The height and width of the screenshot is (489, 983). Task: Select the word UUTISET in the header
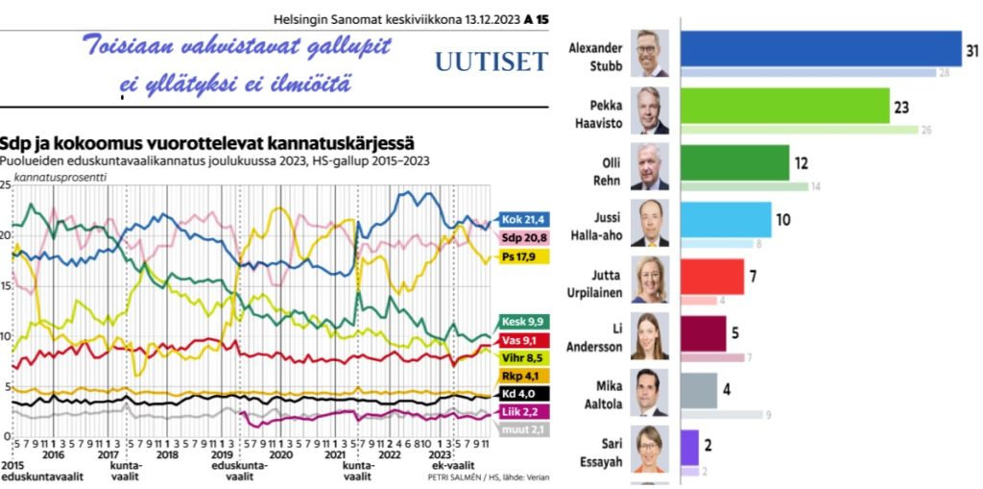pos(491,62)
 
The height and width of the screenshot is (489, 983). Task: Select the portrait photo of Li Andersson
pos(651,335)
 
